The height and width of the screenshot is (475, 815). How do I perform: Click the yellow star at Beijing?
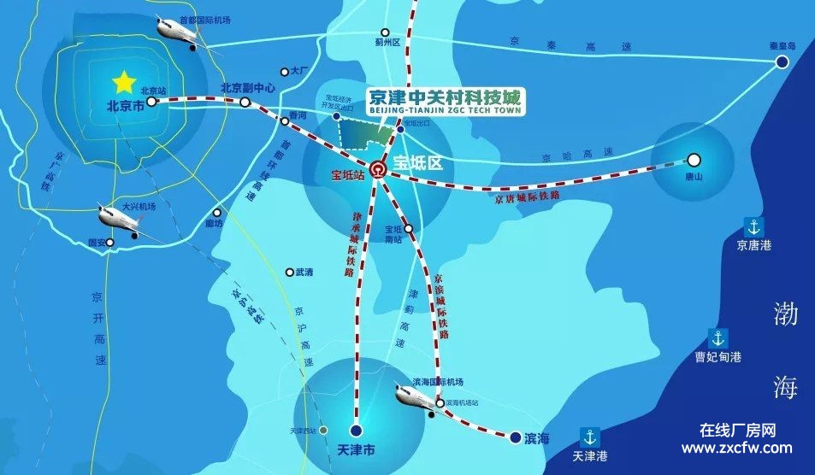[124, 82]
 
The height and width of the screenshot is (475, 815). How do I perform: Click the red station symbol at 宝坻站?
[378, 170]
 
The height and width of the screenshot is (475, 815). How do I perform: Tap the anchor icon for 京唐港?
[753, 226]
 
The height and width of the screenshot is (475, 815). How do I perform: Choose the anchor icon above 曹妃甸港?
[718, 338]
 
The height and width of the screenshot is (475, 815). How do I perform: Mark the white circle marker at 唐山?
[694, 160]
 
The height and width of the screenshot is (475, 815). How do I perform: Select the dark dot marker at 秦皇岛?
[782, 62]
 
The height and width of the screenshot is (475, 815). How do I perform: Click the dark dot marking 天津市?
[357, 431]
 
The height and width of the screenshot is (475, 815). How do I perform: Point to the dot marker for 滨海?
[515, 437]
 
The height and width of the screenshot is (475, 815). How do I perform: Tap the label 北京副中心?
[247, 87]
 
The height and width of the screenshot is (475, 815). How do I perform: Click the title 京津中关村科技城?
[444, 97]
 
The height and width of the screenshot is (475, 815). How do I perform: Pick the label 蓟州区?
[387, 42]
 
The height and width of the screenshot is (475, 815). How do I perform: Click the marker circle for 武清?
[291, 272]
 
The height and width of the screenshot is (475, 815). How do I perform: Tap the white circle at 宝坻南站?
[409, 229]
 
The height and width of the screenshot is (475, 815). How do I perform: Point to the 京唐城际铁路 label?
[527, 197]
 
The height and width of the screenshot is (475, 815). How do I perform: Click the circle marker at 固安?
[109, 242]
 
